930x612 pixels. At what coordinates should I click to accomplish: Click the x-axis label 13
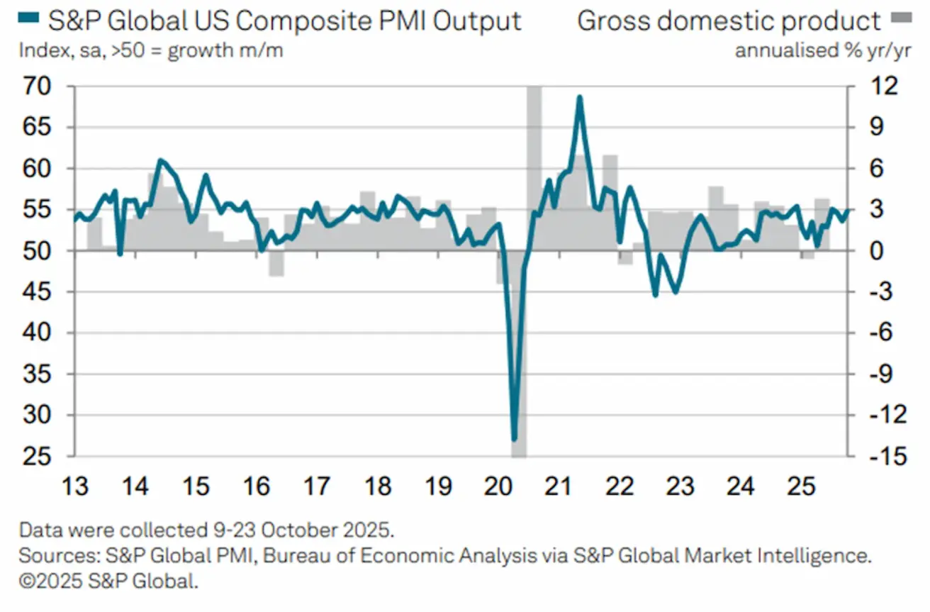click(75, 487)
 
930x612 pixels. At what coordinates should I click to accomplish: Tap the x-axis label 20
click(498, 487)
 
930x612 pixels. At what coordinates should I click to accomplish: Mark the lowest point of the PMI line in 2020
click(515, 440)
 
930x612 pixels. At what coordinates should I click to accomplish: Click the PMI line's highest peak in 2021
click(579, 97)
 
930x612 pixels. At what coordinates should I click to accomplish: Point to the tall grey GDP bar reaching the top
click(534, 142)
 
